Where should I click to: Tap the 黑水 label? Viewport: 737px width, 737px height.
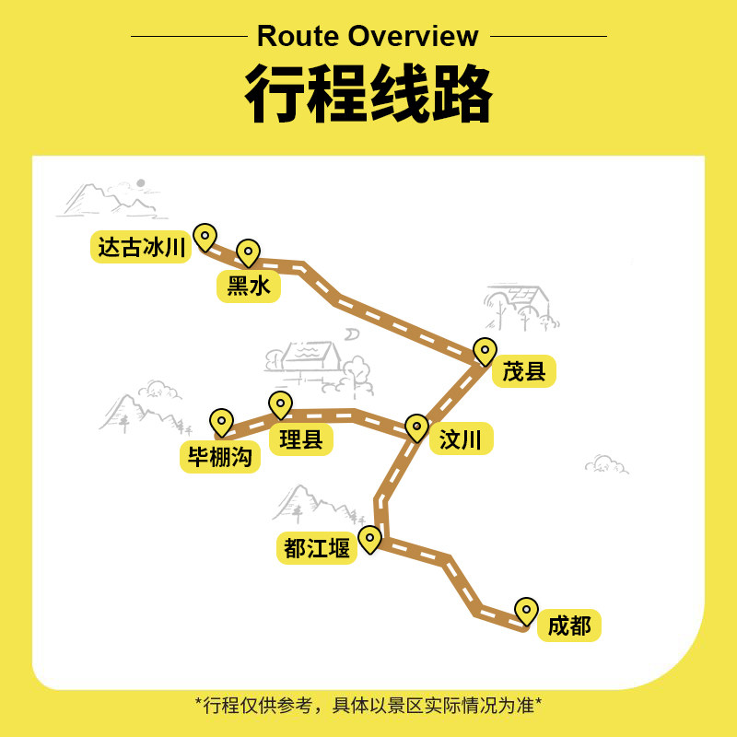pos(249,287)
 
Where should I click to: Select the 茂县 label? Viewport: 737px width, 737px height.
pos(524,371)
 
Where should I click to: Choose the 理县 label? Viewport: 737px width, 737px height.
pos(301,439)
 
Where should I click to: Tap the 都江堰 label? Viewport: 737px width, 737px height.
pos(317,549)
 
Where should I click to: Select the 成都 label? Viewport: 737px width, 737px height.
pos(569,626)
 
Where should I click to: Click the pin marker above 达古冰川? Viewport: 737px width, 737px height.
pos(205,237)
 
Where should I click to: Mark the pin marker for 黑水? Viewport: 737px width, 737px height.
pos(248,252)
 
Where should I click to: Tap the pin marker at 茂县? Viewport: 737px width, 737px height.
pos(485,351)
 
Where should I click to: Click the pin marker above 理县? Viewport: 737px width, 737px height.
pos(280,404)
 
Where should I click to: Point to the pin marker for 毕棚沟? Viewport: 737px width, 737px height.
pos(221,422)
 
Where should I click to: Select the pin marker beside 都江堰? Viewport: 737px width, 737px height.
pos(369,539)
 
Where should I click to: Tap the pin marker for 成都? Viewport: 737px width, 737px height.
pos(526,611)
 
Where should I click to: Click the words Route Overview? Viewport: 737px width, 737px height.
pos(368,37)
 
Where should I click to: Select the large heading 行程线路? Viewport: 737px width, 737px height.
pos(368,95)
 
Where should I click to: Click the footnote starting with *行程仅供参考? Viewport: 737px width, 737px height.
pos(368,706)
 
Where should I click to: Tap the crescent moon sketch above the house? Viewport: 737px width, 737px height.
pos(353,333)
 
